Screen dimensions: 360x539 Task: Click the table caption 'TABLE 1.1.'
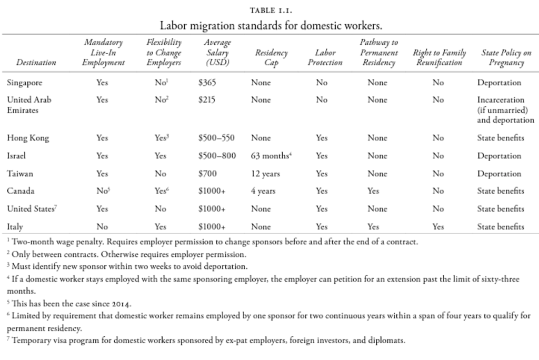269,9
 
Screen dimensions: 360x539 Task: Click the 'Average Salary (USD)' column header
217,53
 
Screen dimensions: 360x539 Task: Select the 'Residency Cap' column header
271,58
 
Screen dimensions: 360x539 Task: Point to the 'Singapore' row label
25,83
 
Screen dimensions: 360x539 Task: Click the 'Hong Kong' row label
28,138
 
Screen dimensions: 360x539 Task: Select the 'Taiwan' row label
21,174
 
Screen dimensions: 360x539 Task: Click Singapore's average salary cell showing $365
207,83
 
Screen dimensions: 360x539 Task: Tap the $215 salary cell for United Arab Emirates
207,99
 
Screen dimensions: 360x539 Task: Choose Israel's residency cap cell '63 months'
270,156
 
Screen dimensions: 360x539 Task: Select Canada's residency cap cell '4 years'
263,191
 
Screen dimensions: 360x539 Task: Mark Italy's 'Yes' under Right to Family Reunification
438,227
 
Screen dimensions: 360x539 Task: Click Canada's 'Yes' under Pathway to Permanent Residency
374,191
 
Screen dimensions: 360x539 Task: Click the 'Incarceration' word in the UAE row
501,99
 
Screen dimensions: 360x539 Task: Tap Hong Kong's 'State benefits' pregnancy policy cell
501,138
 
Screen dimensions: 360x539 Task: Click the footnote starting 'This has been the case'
74,304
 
